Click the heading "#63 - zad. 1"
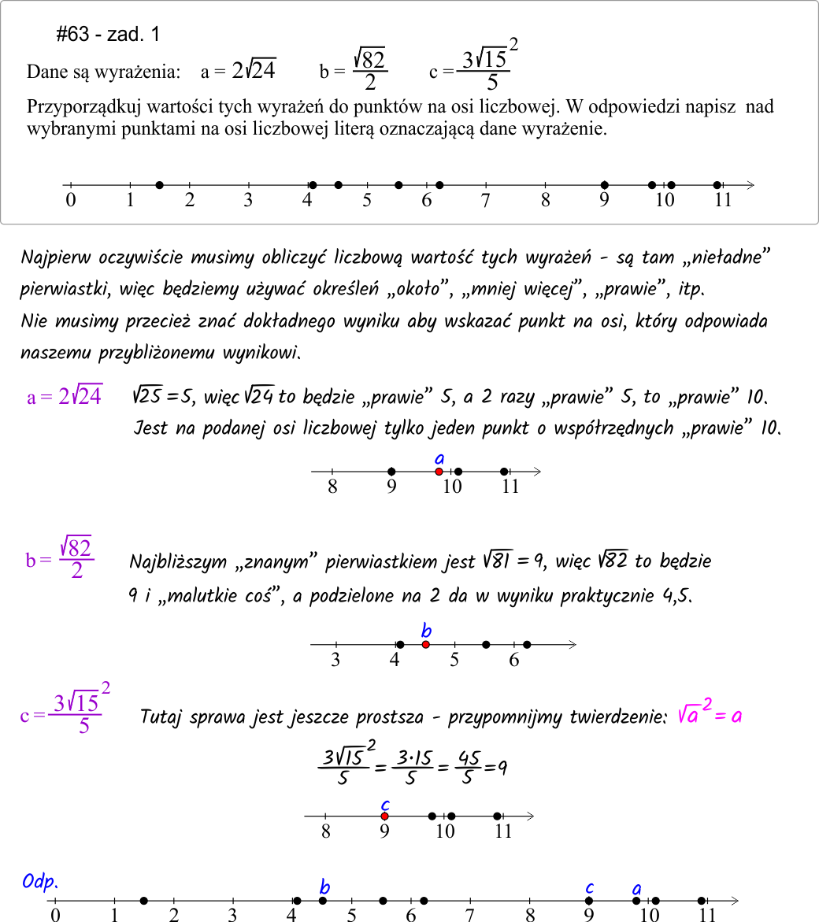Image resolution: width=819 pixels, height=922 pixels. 109,34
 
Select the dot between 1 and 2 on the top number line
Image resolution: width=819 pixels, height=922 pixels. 160,185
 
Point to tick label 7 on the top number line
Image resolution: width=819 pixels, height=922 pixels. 486,200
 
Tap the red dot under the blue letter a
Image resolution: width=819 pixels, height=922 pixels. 439,472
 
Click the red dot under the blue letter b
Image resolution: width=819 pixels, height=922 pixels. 425,645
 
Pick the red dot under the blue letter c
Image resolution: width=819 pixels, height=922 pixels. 384,816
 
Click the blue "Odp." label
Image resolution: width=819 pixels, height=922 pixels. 41,883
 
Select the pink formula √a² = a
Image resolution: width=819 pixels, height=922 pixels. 710,715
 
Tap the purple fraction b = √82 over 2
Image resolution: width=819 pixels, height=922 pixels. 60,557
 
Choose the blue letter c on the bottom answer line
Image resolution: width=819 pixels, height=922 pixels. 589,887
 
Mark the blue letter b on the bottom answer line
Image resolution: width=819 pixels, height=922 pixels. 324,887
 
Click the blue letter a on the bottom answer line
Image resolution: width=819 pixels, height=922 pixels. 636,890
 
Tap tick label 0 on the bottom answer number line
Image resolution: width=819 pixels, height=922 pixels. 55,915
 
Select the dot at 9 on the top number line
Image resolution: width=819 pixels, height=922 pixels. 605,185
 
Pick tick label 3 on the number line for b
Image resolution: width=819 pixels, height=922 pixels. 335,659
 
